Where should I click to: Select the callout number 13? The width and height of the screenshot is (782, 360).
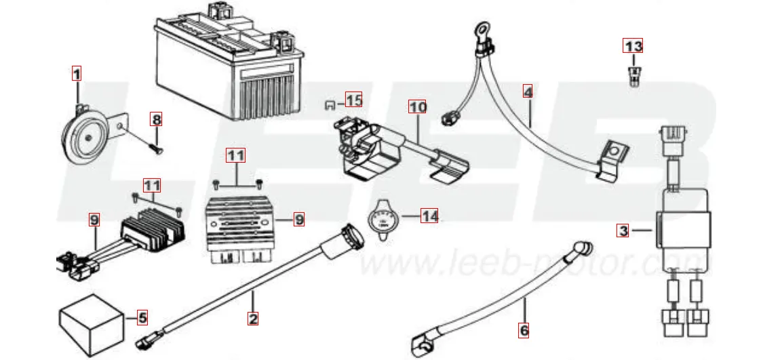(x=633, y=47)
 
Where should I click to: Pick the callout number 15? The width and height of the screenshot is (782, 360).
(x=353, y=100)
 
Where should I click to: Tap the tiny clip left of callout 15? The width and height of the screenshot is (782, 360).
(x=330, y=104)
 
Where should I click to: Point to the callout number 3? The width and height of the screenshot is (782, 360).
(x=623, y=231)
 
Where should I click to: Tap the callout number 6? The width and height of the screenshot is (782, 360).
(x=524, y=330)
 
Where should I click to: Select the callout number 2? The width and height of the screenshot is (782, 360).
(x=252, y=317)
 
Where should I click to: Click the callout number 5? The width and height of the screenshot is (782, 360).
(x=142, y=316)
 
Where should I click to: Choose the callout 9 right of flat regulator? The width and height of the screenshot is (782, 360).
(x=298, y=219)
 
